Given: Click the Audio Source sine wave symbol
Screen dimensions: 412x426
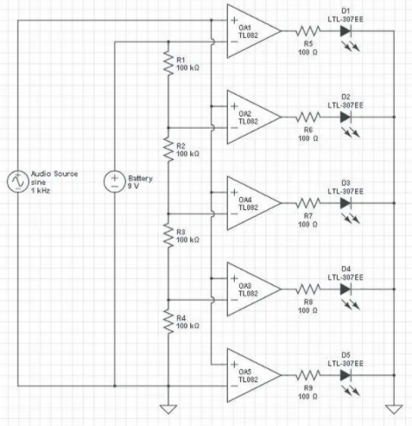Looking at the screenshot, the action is click(x=18, y=181).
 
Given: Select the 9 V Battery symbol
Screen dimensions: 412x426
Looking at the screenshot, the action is click(x=115, y=181).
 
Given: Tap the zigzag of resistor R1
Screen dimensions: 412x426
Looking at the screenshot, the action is click(x=168, y=63).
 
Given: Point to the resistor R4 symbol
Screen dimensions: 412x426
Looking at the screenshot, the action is click(x=168, y=321).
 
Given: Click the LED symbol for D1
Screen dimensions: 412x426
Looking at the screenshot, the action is click(x=345, y=31).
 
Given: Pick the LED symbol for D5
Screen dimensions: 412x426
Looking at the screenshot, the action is click(x=345, y=375).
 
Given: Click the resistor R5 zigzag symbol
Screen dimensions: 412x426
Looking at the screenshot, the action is click(x=308, y=31).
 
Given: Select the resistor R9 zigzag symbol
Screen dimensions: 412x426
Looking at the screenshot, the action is click(x=308, y=375).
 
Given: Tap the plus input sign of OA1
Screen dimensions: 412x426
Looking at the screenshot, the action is click(x=234, y=20).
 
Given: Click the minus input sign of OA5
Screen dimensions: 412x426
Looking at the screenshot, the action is click(x=234, y=385).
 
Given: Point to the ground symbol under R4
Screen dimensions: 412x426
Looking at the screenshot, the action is click(x=168, y=410).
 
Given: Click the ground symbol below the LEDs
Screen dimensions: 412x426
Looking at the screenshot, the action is click(x=394, y=410).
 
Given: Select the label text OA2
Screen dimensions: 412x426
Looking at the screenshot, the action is click(x=245, y=114).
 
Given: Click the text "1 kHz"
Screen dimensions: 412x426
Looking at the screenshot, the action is click(x=41, y=190).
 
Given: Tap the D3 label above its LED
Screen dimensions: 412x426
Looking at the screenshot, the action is click(x=345, y=183).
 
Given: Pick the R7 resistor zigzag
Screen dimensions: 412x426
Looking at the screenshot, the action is click(x=308, y=203).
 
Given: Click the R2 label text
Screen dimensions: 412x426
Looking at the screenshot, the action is click(x=181, y=146).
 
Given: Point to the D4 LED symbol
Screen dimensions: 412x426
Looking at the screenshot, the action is click(x=345, y=289).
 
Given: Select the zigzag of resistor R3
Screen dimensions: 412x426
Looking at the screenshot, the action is click(x=168, y=235).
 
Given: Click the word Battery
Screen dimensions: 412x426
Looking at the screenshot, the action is click(x=140, y=178).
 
